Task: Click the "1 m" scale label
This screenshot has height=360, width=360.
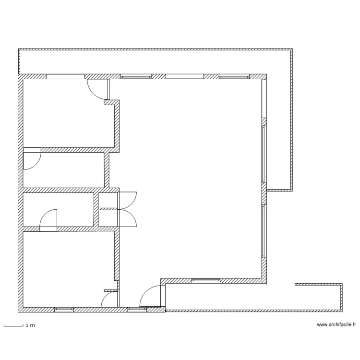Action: pos(30,325)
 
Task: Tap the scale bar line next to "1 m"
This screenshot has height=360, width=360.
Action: pos(13,325)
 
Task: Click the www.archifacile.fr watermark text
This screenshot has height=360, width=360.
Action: pos(336,324)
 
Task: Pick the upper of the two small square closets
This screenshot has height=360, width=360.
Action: pos(108,201)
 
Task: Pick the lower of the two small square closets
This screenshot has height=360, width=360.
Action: pos(108,218)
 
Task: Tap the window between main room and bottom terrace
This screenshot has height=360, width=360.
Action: pos(206,281)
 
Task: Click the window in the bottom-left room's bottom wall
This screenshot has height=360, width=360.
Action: pos(64,310)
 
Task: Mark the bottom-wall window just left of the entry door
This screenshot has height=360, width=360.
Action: pos(137,310)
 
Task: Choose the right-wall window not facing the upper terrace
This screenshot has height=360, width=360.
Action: pos(264,231)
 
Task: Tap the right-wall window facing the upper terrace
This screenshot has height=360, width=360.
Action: pos(264,154)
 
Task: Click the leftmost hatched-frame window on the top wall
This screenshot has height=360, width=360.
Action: pos(136,76)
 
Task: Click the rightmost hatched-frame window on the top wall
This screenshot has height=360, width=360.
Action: pos(234,76)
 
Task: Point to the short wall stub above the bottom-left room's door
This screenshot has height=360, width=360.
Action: pos(111,290)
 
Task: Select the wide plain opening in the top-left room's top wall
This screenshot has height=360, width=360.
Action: pos(65,76)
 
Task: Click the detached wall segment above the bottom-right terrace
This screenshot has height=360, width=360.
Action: pos(318,284)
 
